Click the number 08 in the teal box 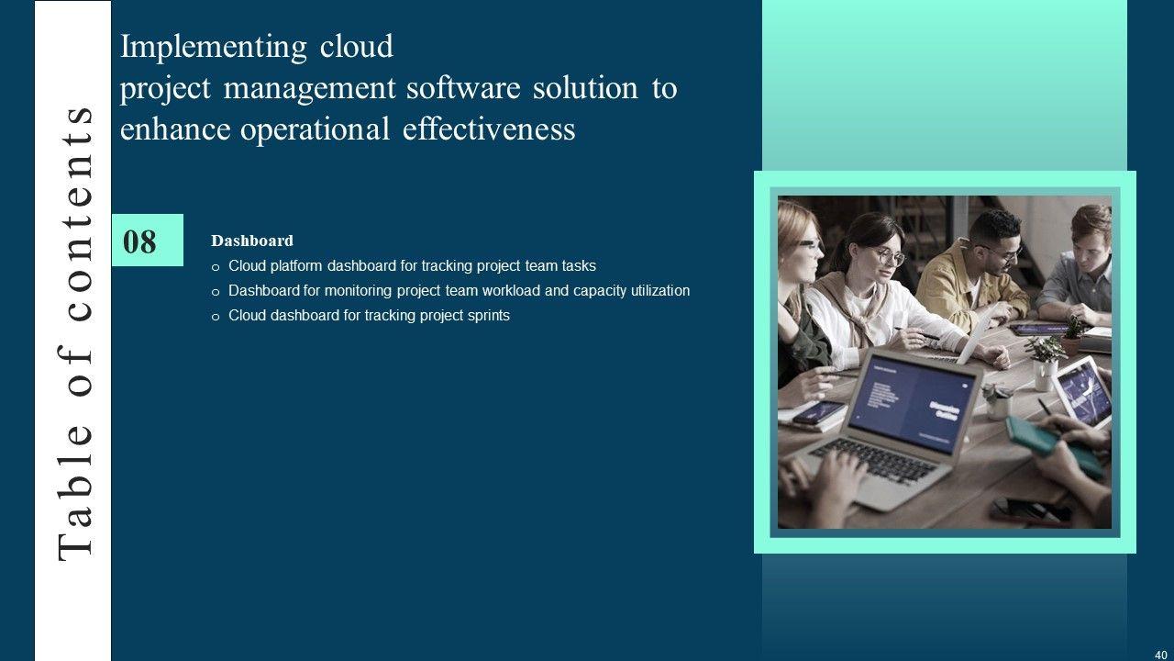pyautogui.click(x=139, y=241)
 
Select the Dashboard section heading pyautogui.click(x=252, y=241)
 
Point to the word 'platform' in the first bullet pyautogui.click(x=296, y=266)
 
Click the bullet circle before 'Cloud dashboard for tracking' pyautogui.click(x=216, y=317)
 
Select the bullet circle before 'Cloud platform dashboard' pyautogui.click(x=216, y=267)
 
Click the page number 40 pyautogui.click(x=1160, y=655)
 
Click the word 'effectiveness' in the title pyautogui.click(x=489, y=129)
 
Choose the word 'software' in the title pyautogui.click(x=463, y=87)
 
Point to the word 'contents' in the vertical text pyautogui.click(x=75, y=214)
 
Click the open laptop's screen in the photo pyautogui.click(x=911, y=401)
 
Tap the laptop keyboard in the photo pyautogui.click(x=880, y=462)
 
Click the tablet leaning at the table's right pyautogui.click(x=1082, y=392)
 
